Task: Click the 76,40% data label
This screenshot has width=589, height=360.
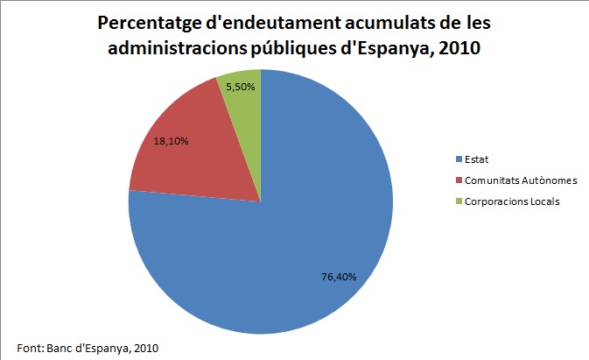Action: click(x=339, y=277)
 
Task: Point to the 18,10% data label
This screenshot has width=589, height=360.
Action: click(x=171, y=139)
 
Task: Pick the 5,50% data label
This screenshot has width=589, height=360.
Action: click(x=241, y=88)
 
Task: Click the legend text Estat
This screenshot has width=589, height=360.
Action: click(x=476, y=159)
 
